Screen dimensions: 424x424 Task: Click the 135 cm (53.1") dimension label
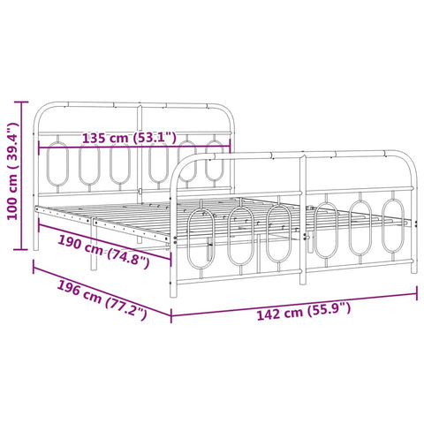pyautogui.click(x=129, y=138)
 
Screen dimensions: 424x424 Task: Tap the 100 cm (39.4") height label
pyautogui.click(x=13, y=170)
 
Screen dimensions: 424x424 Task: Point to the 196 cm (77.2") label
pyautogui.click(x=102, y=299)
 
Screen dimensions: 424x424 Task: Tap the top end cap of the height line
pyautogui.click(x=21, y=102)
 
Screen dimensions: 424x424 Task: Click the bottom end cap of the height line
pyautogui.click(x=21, y=249)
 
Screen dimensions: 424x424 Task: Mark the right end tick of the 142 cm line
pyautogui.click(x=417, y=293)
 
